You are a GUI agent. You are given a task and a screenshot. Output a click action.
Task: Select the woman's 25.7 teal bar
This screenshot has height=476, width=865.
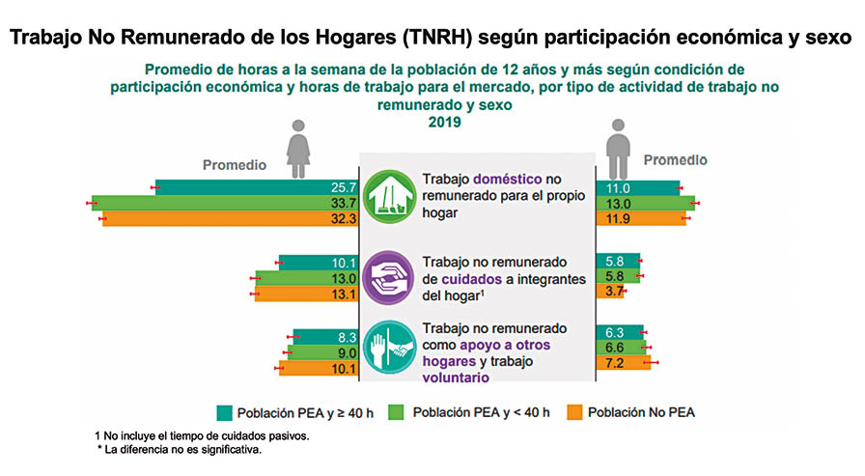point(257,187)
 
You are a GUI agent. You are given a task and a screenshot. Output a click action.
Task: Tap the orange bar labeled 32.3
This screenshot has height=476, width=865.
point(232,219)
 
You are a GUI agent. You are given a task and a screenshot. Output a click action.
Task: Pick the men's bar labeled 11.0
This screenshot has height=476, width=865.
point(638,187)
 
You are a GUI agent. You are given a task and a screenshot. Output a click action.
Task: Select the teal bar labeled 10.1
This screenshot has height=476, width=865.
point(319,262)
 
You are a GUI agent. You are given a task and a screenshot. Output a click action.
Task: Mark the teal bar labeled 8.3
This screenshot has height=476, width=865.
point(327,336)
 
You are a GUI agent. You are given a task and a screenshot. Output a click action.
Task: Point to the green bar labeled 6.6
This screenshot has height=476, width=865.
point(622,348)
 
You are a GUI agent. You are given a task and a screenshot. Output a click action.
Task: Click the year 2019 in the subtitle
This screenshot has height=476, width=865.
point(445,123)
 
